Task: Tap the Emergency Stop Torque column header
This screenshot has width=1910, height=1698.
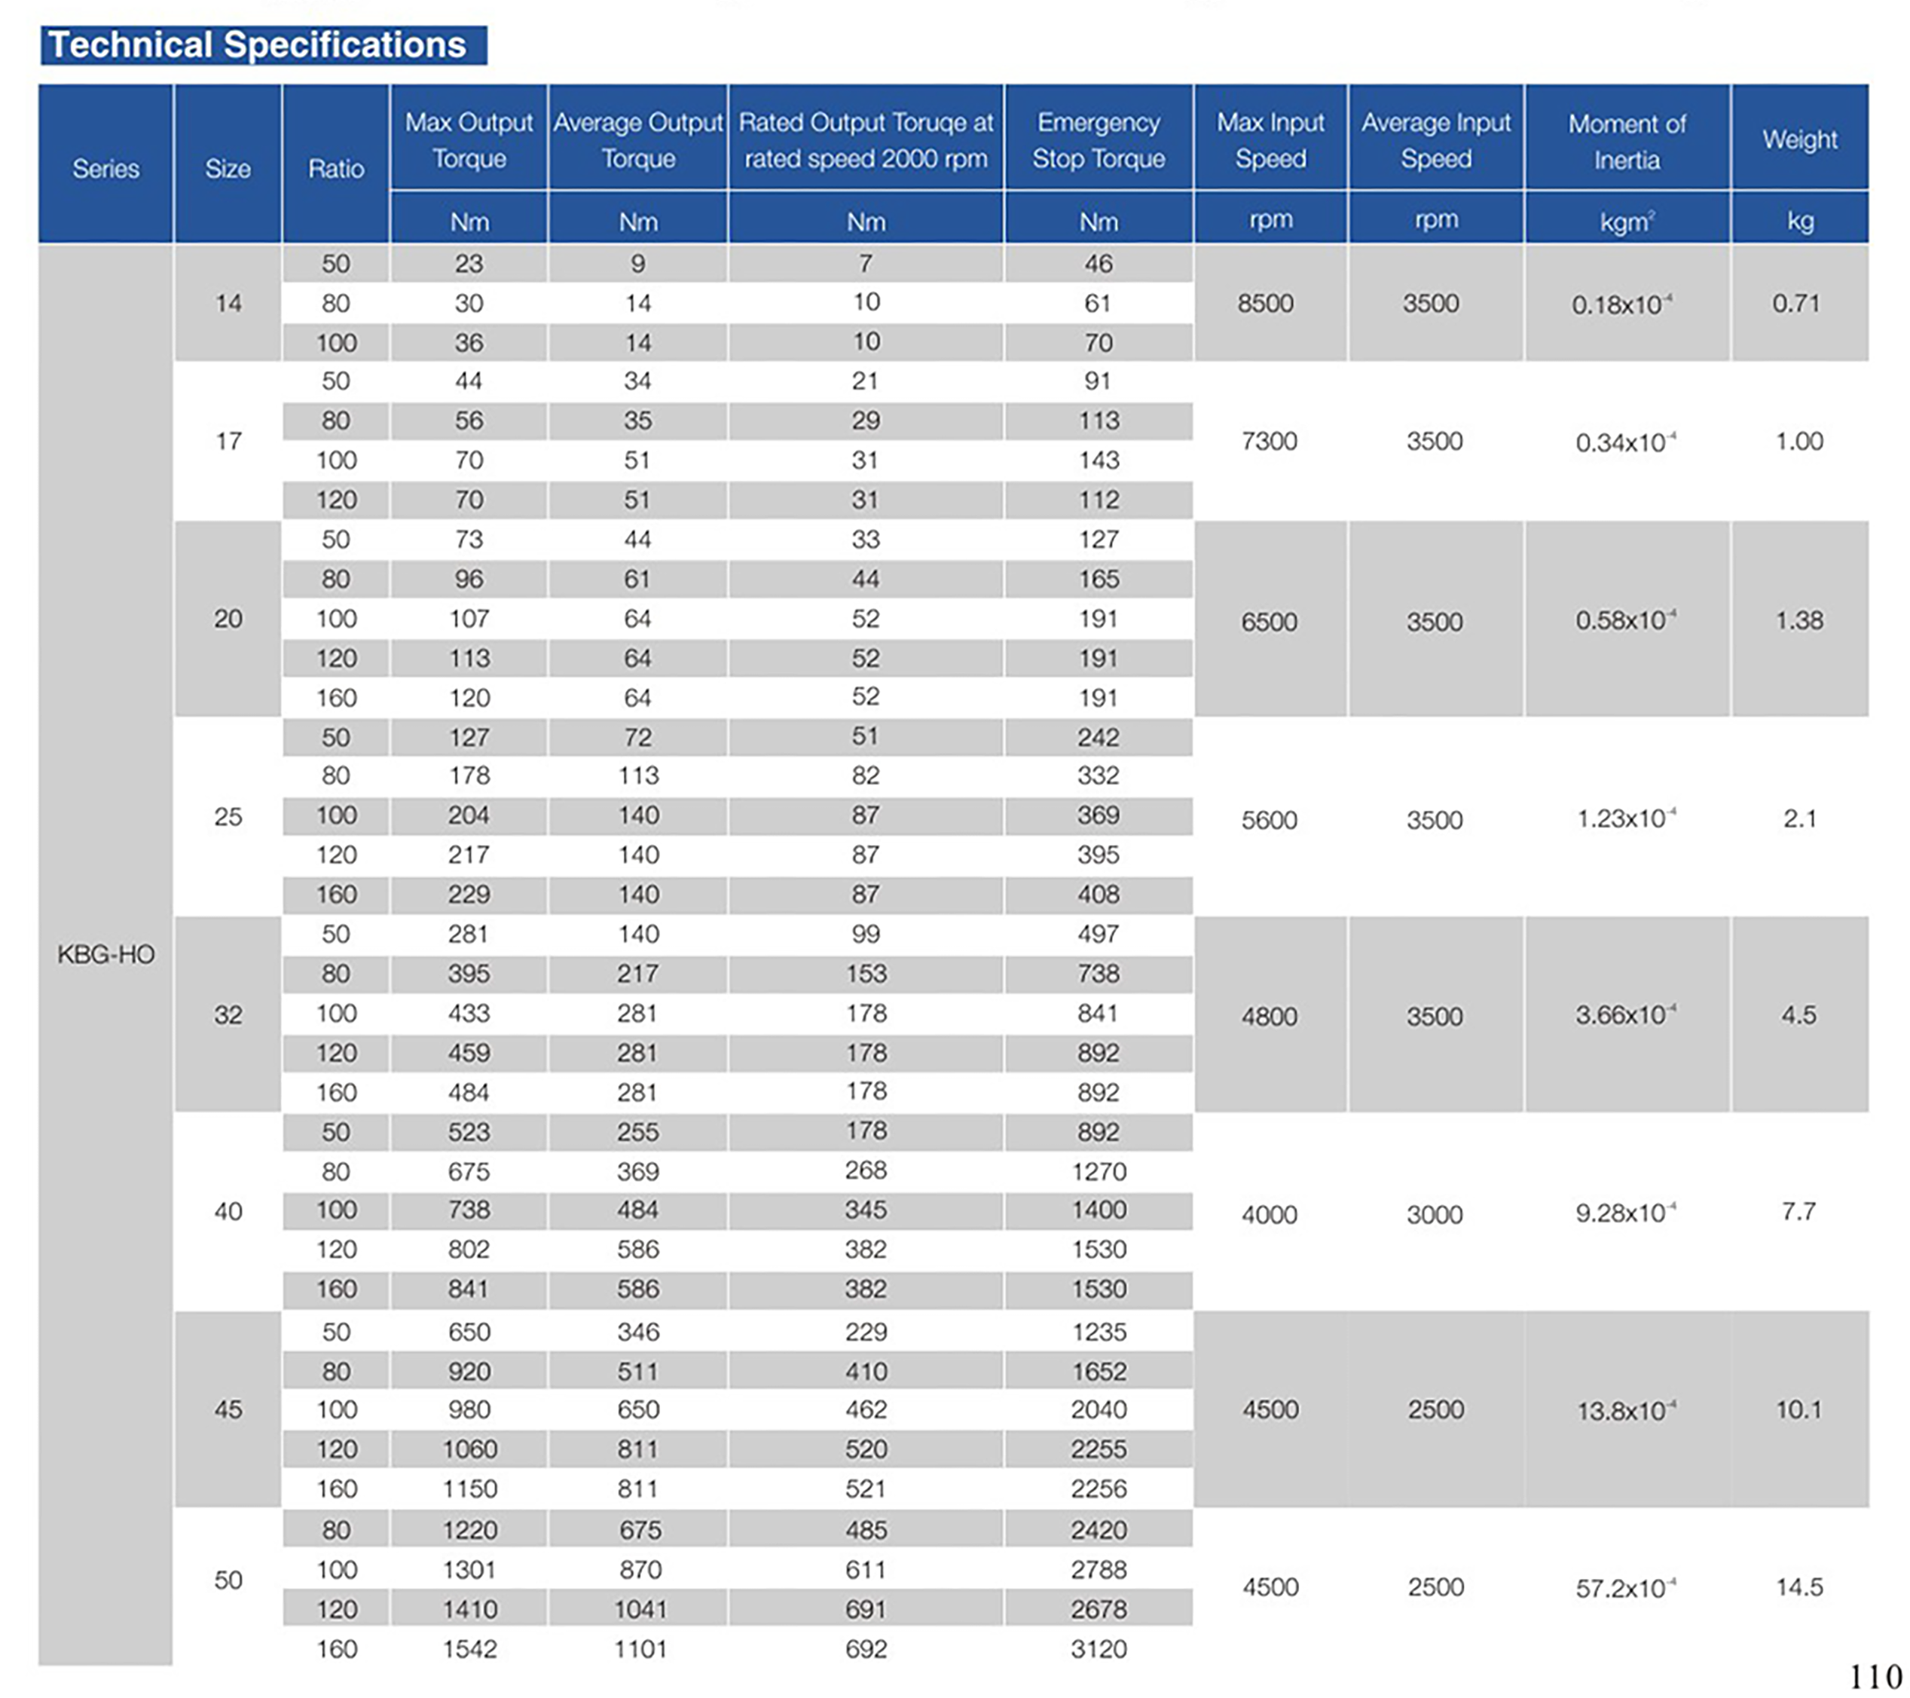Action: tap(1098, 140)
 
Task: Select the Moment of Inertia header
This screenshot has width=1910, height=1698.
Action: tap(1626, 141)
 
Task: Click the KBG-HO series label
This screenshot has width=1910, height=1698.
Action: tap(105, 954)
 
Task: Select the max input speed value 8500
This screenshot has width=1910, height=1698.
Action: tap(1265, 303)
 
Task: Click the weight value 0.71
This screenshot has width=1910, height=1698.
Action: tap(1796, 303)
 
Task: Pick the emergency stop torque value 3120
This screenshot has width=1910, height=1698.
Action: tap(1098, 1648)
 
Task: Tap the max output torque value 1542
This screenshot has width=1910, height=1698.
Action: tap(469, 1648)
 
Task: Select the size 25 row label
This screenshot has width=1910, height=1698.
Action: tap(228, 817)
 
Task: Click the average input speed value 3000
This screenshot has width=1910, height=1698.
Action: tap(1435, 1214)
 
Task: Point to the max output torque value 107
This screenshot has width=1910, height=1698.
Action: tap(469, 619)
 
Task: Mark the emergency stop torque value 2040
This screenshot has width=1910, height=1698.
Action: tap(1098, 1409)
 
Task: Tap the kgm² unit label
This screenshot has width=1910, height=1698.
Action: tap(1626, 222)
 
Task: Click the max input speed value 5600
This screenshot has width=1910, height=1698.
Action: tap(1268, 819)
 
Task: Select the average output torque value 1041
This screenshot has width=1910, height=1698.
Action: tap(640, 1609)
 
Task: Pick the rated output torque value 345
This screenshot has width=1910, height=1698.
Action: tap(865, 1210)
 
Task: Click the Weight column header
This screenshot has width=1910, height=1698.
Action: tap(1798, 139)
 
